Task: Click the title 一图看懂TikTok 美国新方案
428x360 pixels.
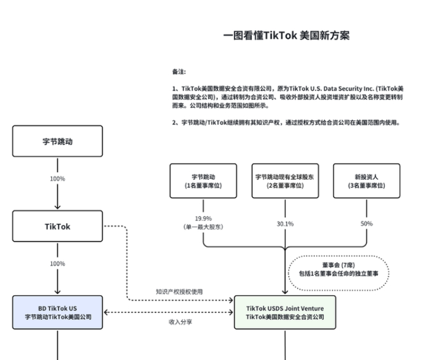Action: point(287,35)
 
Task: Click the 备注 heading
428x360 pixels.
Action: point(179,71)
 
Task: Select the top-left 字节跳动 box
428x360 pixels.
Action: point(57,141)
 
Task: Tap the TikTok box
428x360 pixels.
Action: point(57,226)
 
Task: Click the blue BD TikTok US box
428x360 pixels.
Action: point(57,312)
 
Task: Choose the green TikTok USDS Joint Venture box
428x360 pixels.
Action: point(285,312)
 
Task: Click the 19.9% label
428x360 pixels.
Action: point(203,217)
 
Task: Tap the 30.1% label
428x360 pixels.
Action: point(285,224)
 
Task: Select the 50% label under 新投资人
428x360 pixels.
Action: point(367,224)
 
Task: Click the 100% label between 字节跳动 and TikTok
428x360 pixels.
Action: point(57,179)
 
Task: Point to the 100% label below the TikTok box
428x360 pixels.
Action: point(57,263)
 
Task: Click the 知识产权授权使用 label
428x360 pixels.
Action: point(179,292)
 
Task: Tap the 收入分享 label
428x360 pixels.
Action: point(180,322)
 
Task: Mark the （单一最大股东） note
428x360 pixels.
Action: point(203,227)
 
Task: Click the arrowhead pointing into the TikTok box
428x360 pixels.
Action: point(57,207)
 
